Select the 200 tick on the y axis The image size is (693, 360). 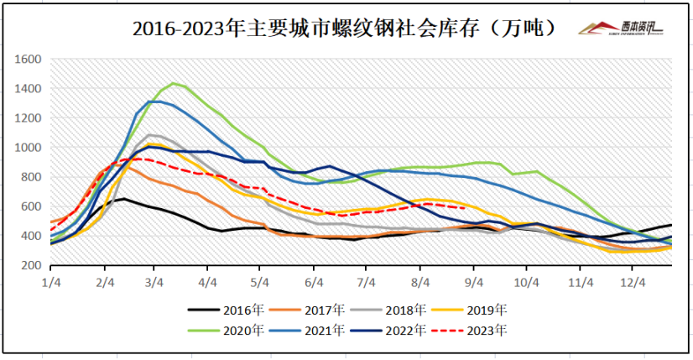coord(32,265)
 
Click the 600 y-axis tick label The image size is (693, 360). coord(32,206)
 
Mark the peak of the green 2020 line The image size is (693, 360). coord(174,83)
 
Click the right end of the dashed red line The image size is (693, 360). coord(466,208)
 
